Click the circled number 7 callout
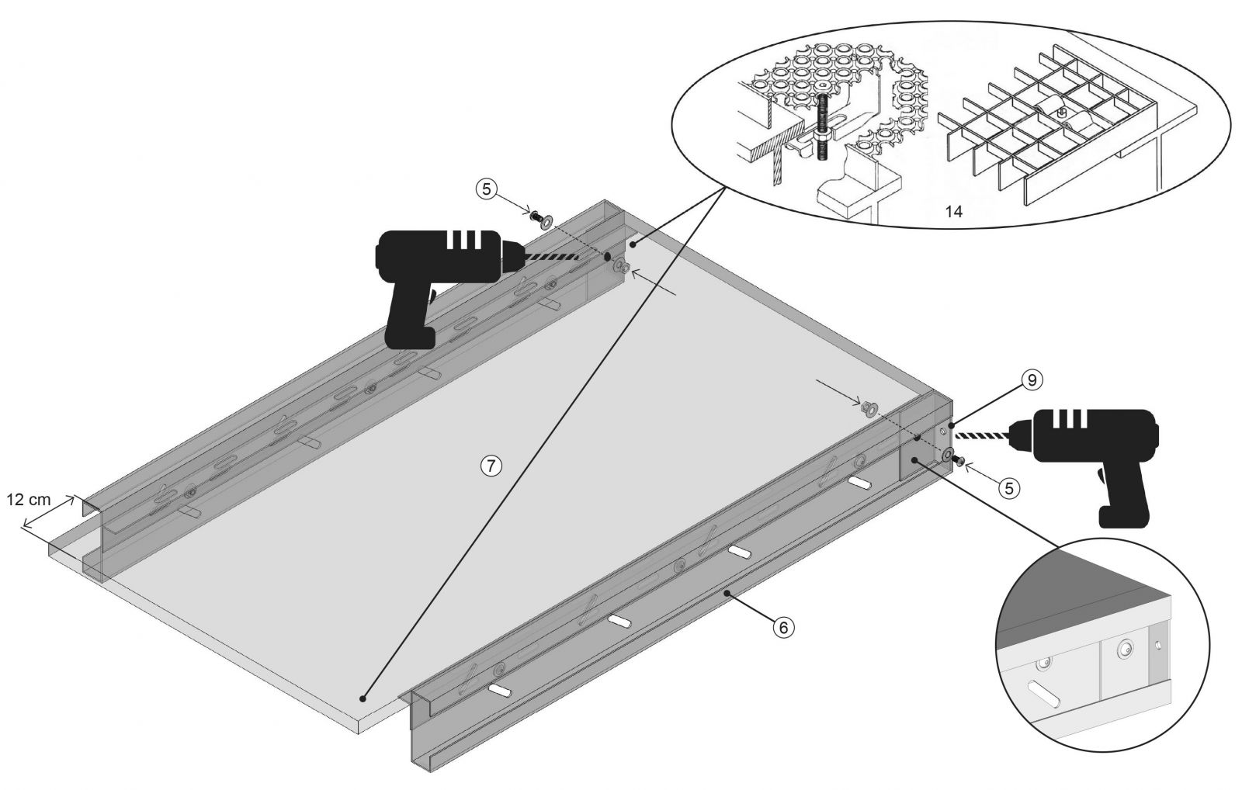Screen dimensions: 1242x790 (x=491, y=466)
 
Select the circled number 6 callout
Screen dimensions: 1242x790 (x=783, y=628)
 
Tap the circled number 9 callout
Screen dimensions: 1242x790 (x=1032, y=380)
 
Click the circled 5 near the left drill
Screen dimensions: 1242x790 (x=486, y=189)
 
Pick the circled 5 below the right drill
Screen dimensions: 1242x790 (x=1009, y=488)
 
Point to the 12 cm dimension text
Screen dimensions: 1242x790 (x=28, y=500)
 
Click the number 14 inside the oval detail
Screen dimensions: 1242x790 (x=954, y=211)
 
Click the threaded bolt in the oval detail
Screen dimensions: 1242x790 (x=821, y=127)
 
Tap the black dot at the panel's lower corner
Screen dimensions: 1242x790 (x=363, y=698)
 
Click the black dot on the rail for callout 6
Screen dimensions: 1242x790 (x=725, y=594)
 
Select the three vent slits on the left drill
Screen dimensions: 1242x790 (x=466, y=239)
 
